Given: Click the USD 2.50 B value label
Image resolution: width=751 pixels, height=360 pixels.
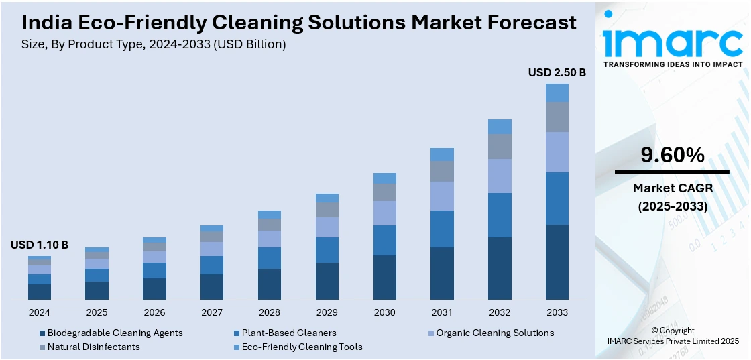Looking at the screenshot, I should [557, 72].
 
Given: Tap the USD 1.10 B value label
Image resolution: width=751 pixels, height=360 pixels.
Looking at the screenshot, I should [40, 245].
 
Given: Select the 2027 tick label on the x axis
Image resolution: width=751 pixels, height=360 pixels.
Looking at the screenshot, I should [212, 312].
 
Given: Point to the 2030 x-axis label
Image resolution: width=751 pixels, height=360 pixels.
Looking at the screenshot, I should [385, 312].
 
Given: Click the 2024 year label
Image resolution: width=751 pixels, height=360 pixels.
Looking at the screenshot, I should [40, 312].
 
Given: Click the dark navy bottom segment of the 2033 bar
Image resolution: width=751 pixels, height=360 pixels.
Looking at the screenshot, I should [557, 262].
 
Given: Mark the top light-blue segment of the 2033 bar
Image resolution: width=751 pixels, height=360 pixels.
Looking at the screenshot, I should [557, 93].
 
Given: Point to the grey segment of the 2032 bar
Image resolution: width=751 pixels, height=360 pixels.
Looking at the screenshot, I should [500, 146].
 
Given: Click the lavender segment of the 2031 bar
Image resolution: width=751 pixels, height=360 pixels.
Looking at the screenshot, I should [442, 196].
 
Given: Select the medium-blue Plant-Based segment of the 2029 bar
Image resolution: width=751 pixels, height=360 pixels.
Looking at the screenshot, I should [327, 249].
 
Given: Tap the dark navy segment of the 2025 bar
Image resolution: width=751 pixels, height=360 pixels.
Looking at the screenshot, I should [97, 290].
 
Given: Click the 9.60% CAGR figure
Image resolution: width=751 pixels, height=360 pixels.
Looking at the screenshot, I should [673, 156].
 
